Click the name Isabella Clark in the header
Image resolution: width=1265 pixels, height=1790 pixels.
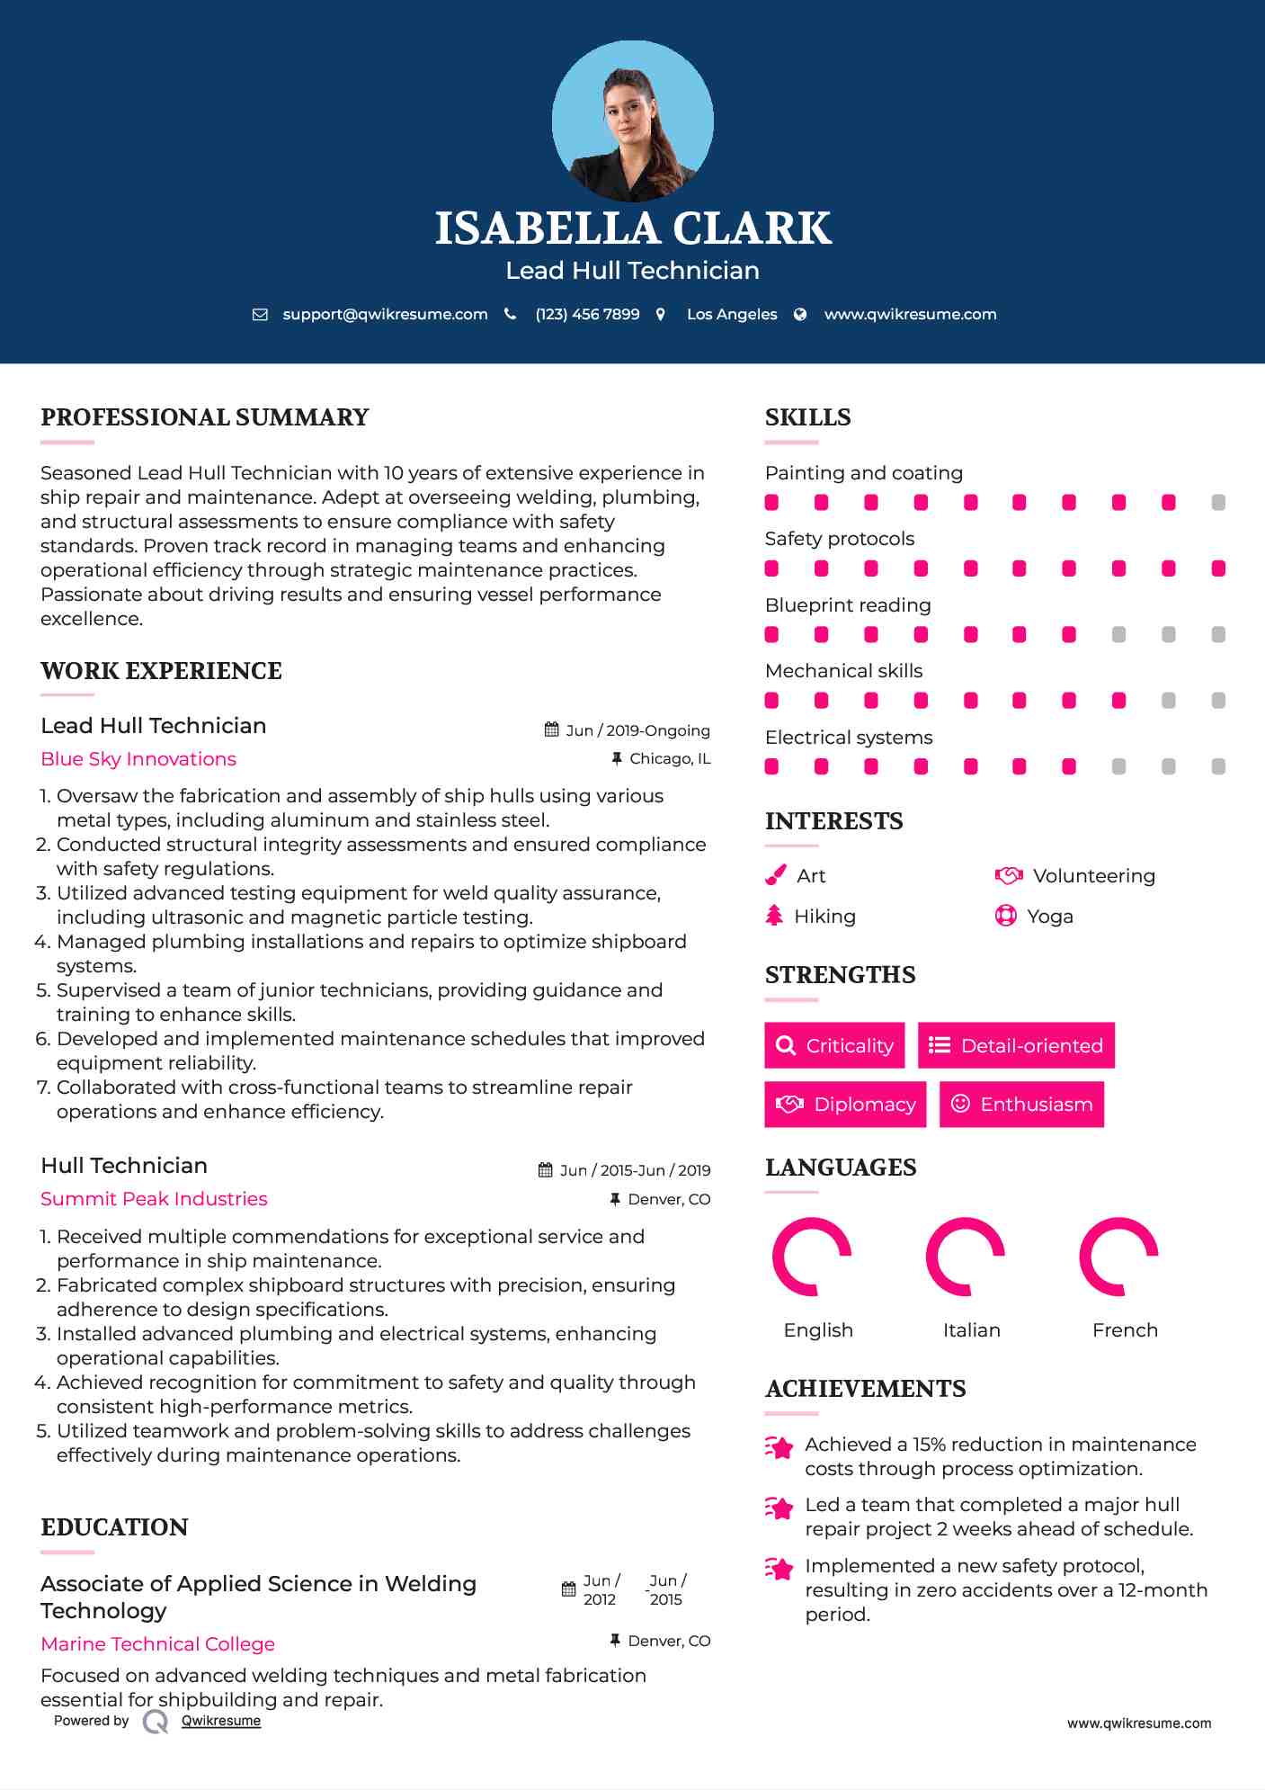(x=633, y=228)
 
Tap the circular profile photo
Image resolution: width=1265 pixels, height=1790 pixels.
(x=633, y=121)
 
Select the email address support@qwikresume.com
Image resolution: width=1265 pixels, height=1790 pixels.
(x=385, y=314)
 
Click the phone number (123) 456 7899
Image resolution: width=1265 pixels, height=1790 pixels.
(x=587, y=314)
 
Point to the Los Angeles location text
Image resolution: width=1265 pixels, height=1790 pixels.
(x=732, y=314)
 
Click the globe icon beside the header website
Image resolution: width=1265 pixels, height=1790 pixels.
(x=800, y=314)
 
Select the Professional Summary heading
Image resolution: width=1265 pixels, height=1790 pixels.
(x=205, y=417)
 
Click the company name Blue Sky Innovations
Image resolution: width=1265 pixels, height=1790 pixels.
(x=138, y=759)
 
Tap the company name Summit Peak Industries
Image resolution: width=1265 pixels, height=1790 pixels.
(x=154, y=1199)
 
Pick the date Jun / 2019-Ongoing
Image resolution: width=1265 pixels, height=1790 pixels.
(x=637, y=730)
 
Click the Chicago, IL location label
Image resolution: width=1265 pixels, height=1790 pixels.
(x=670, y=759)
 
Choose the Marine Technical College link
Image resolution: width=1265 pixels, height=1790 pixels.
(x=157, y=1644)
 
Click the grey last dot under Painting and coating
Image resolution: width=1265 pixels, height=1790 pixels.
(x=1218, y=503)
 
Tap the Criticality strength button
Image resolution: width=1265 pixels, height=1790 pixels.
(x=834, y=1045)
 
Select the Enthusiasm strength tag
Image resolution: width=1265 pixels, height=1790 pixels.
(x=1021, y=1104)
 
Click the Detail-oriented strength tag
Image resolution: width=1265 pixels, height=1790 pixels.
(x=1016, y=1045)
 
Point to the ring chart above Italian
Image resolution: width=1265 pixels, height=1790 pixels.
(x=966, y=1257)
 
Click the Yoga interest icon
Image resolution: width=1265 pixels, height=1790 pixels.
(x=1006, y=916)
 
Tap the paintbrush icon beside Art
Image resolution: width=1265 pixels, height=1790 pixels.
(x=775, y=875)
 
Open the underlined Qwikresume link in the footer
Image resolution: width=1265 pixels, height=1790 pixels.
(x=221, y=1721)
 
